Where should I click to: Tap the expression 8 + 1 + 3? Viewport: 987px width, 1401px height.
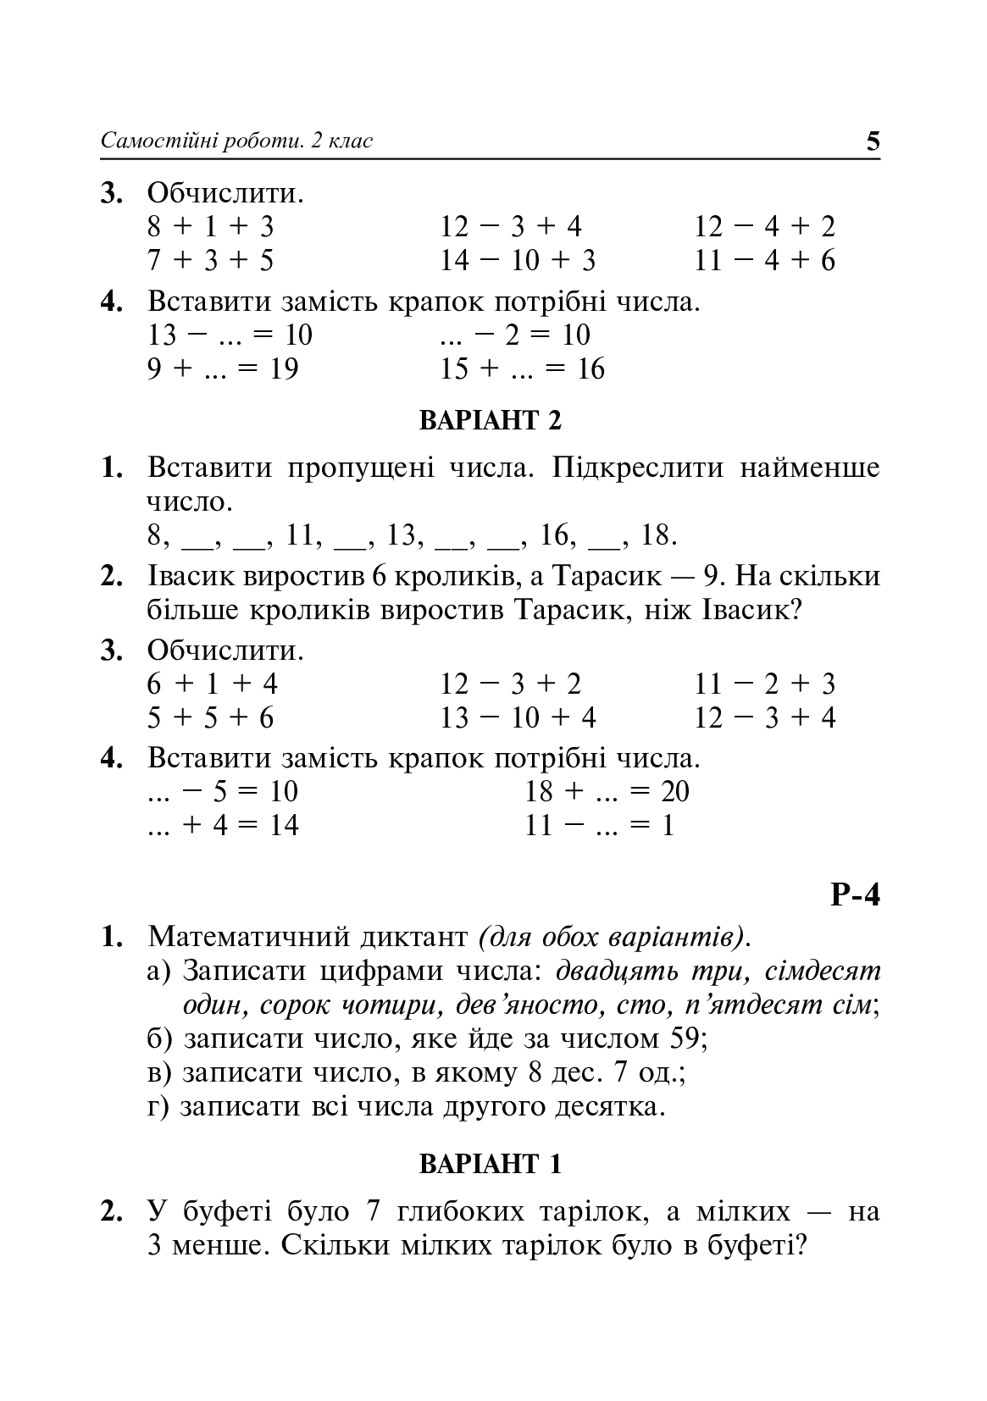coord(211,227)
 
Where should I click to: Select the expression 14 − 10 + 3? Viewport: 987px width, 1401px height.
coord(518,261)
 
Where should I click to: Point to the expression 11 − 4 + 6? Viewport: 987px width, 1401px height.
coord(765,261)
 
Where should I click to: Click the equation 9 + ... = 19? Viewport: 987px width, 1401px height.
coord(223,369)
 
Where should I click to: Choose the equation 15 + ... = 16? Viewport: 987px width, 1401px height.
coord(522,369)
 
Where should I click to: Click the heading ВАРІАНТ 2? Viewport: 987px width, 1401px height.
coord(491,420)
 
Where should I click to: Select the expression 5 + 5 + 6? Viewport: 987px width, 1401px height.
coord(211,718)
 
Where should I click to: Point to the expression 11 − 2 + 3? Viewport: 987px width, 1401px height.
coord(765,684)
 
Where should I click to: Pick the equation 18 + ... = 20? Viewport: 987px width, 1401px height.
coord(607,792)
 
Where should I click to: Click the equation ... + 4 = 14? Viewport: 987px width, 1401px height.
coord(223,826)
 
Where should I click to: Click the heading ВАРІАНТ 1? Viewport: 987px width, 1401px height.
coord(491,1165)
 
